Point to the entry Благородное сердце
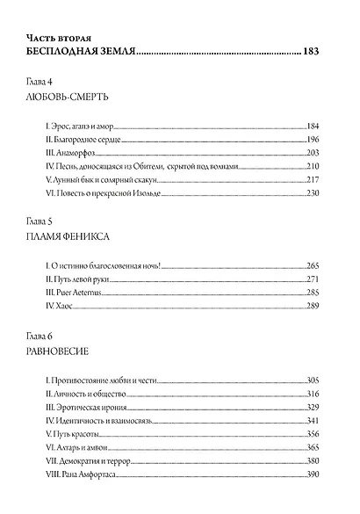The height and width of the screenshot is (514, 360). point(82,141)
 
